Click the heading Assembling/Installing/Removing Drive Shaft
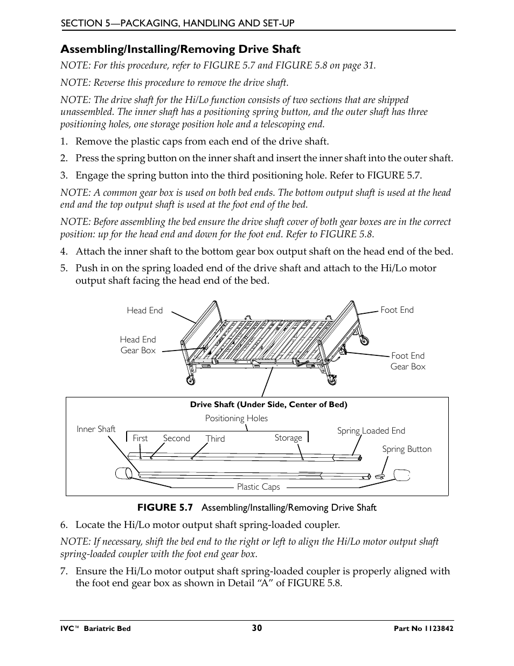[180, 49]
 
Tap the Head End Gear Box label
[137, 345]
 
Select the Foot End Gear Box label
[408, 361]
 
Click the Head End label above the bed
[144, 310]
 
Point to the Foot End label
[397, 310]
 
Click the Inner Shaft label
[96, 429]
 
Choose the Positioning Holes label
[236, 418]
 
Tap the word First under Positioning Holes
[140, 438]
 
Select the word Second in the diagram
[176, 438]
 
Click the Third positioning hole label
[215, 438]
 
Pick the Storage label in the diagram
[288, 437]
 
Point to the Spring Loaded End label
[371, 430]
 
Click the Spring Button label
[407, 449]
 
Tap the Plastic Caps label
[258, 486]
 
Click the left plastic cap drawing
[123, 473]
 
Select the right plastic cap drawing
[402, 475]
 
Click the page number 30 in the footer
[256, 628]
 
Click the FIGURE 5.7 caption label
[164, 507]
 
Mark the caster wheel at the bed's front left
[190, 381]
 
